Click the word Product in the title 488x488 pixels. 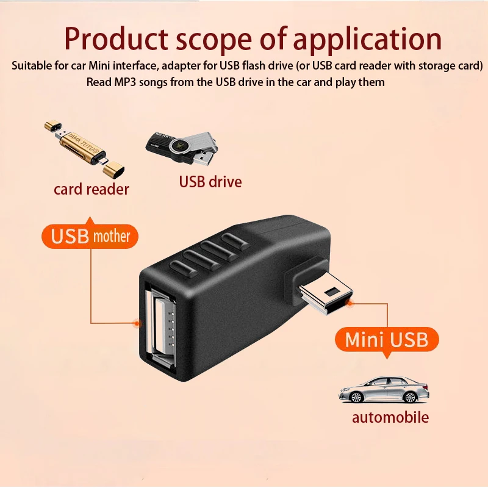pyautogui.click(x=115, y=39)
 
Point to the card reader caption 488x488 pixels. pyautogui.click(x=91, y=189)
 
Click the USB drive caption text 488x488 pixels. pyautogui.click(x=210, y=182)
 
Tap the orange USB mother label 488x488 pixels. pyautogui.click(x=90, y=236)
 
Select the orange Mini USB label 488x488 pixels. pyautogui.click(x=386, y=339)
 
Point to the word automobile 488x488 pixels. pyautogui.click(x=390, y=418)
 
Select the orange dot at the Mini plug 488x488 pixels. pyautogui.click(x=350, y=302)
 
